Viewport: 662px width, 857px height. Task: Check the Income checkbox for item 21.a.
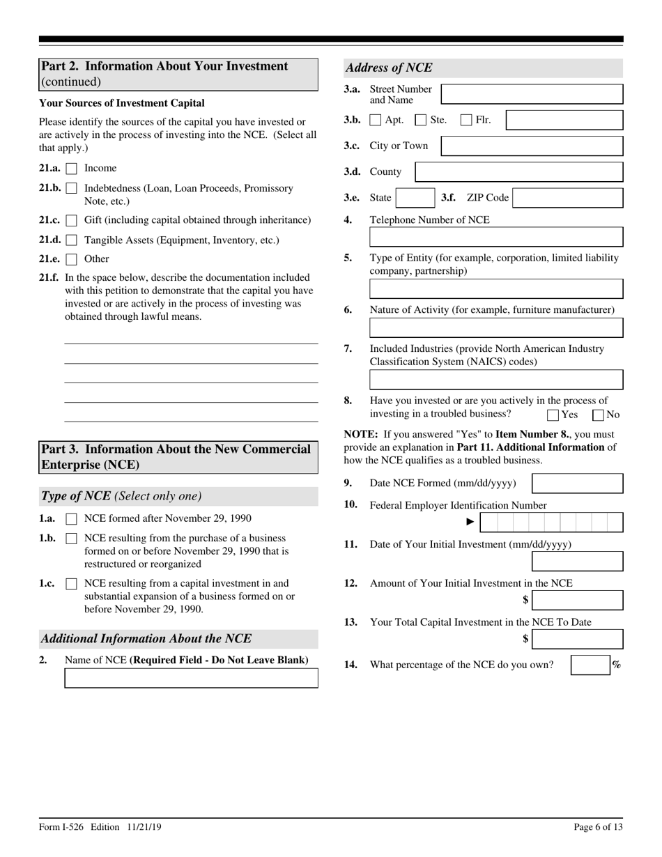point(71,169)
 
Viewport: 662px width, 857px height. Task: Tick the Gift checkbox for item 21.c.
point(71,221)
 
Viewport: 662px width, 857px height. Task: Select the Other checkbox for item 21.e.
point(71,260)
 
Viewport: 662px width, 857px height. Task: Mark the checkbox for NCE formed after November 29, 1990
point(71,519)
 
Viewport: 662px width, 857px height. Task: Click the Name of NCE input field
point(191,678)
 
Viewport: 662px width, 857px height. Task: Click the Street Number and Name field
point(532,94)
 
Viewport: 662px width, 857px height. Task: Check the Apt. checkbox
point(376,120)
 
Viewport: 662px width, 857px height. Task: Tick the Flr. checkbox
point(467,120)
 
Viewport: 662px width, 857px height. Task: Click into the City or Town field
point(532,146)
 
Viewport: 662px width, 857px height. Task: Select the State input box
point(415,198)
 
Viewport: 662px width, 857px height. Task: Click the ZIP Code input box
point(568,198)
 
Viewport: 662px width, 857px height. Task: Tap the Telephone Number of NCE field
point(496,238)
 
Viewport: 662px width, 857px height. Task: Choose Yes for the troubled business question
point(553,416)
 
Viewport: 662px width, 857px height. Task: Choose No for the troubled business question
point(598,416)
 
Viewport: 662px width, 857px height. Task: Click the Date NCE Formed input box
point(577,484)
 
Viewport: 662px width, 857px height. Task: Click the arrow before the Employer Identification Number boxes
point(470,522)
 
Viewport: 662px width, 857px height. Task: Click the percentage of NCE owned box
point(590,665)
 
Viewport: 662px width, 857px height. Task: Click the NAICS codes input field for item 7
point(496,380)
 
